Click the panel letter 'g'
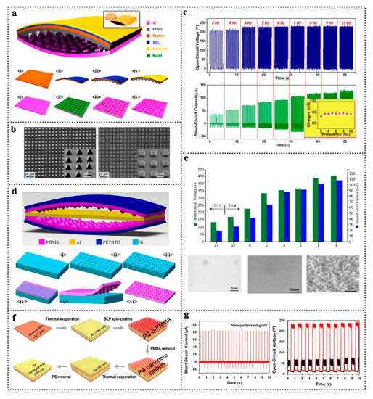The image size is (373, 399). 189,315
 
